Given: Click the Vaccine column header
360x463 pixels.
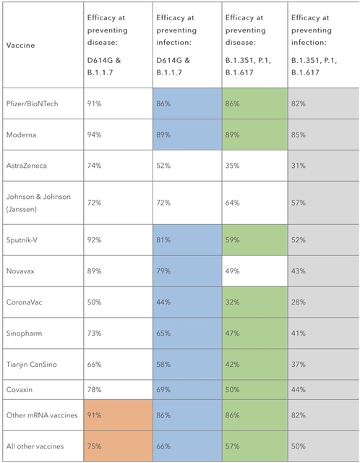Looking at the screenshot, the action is tap(21, 45).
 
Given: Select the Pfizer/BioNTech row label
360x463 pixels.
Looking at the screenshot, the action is tap(32, 103).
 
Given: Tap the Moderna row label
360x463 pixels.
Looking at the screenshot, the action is tap(21, 135).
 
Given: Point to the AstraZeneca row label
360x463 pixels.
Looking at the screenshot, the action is tap(27, 166).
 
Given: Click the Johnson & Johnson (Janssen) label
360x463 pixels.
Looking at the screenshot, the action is tap(38, 203).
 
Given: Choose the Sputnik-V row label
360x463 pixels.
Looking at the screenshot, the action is tap(22, 239).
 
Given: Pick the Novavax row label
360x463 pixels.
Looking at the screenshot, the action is tap(20, 271).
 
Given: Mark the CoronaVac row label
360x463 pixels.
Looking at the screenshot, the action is tap(24, 302).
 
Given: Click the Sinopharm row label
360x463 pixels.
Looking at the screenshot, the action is tap(24, 333).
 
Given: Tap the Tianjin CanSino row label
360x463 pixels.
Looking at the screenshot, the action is tap(32, 364).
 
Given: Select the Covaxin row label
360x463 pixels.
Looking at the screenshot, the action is tap(20, 389).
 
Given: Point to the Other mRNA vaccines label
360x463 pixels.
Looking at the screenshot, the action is tap(42, 415).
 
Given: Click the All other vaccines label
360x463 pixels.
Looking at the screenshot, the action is tap(35, 446).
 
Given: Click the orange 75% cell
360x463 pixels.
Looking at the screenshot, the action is tap(118, 446).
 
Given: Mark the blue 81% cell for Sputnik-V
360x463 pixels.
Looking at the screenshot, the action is tap(187, 239).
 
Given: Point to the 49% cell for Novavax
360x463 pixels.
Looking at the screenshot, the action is tap(254, 271).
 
